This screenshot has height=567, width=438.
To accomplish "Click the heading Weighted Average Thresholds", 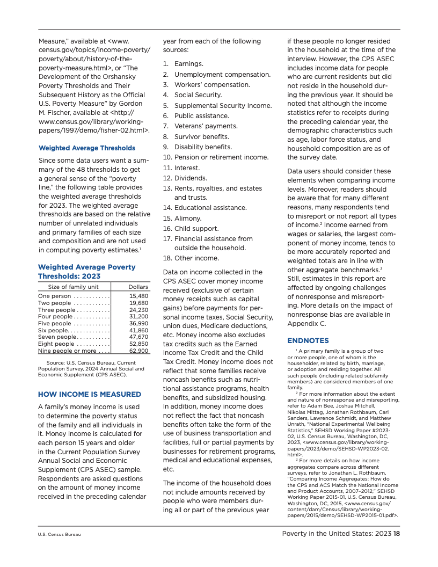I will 87,148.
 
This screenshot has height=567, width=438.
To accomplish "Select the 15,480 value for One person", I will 139,296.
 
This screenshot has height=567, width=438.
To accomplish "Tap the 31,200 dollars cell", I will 139,317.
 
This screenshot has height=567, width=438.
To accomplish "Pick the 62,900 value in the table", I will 139,351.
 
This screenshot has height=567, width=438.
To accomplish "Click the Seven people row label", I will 57,337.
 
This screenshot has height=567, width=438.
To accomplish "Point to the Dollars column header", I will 138,287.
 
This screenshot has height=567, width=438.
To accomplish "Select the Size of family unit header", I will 74,287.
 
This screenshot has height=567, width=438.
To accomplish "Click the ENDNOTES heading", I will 308,340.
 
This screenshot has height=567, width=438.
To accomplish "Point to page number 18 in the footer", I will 397,533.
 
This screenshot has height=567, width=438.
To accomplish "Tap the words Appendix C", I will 307,324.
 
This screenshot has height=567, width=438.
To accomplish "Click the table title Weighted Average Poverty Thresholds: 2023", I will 86,271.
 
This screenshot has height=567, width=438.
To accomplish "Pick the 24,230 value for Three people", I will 139,310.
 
